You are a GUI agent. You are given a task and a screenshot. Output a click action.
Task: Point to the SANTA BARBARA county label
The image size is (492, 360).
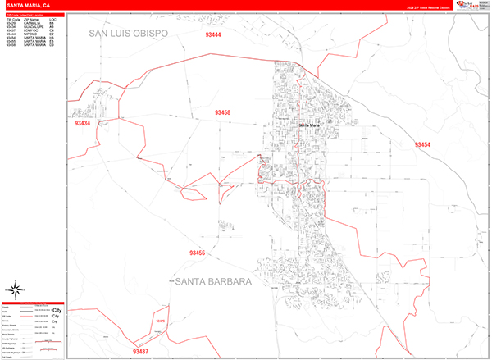[212, 281]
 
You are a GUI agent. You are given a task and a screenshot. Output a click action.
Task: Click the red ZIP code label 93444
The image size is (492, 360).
[213, 35]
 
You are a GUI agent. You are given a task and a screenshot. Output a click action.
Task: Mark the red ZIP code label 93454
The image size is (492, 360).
[422, 144]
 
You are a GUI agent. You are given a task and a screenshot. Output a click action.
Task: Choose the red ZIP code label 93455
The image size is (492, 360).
[196, 253]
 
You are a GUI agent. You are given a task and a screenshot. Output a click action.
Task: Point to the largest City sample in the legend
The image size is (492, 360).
[57, 312]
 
